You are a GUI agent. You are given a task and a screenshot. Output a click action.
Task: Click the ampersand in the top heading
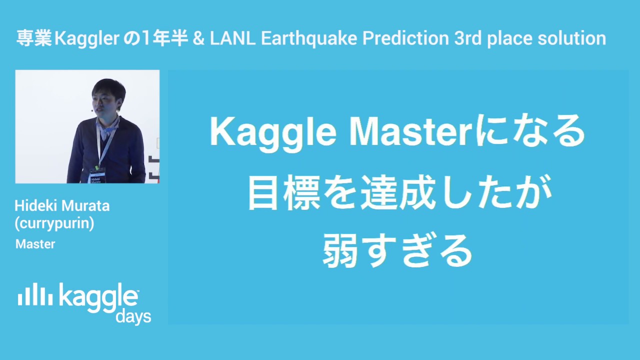point(198,38)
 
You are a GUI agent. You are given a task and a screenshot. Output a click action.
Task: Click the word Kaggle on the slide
point(275,132)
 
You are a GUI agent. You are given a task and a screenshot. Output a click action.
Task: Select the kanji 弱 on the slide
point(341,250)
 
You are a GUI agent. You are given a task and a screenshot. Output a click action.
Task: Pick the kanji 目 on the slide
point(263,193)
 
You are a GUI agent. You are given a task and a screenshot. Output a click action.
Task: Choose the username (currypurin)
point(54,223)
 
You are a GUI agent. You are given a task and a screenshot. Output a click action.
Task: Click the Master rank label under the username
point(35,244)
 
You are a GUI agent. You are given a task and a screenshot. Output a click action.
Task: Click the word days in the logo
point(133,317)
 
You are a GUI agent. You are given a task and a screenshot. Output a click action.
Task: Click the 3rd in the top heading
point(467,38)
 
